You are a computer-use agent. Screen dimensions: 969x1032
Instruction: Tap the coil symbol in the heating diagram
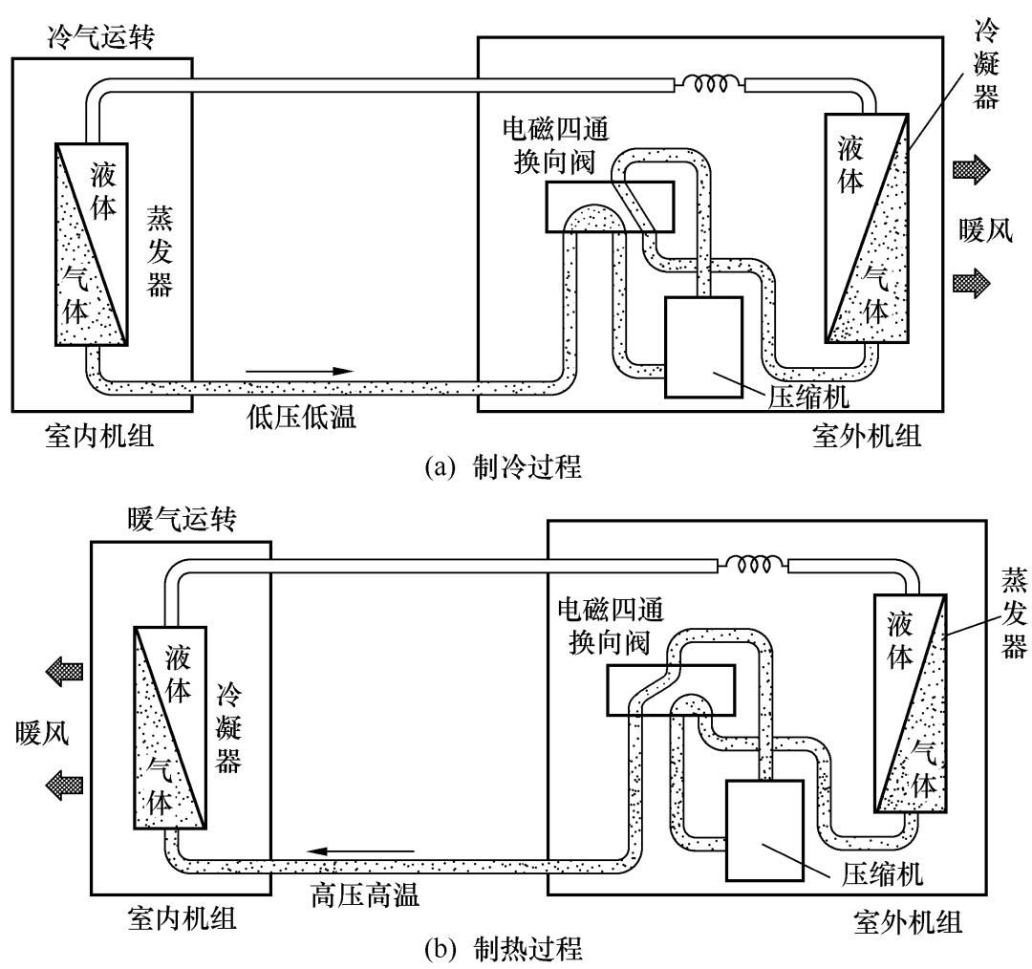coord(753,565)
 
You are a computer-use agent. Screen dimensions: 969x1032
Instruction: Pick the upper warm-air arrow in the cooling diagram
coord(971,171)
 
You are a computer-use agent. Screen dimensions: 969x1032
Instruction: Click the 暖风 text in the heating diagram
coord(44,733)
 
